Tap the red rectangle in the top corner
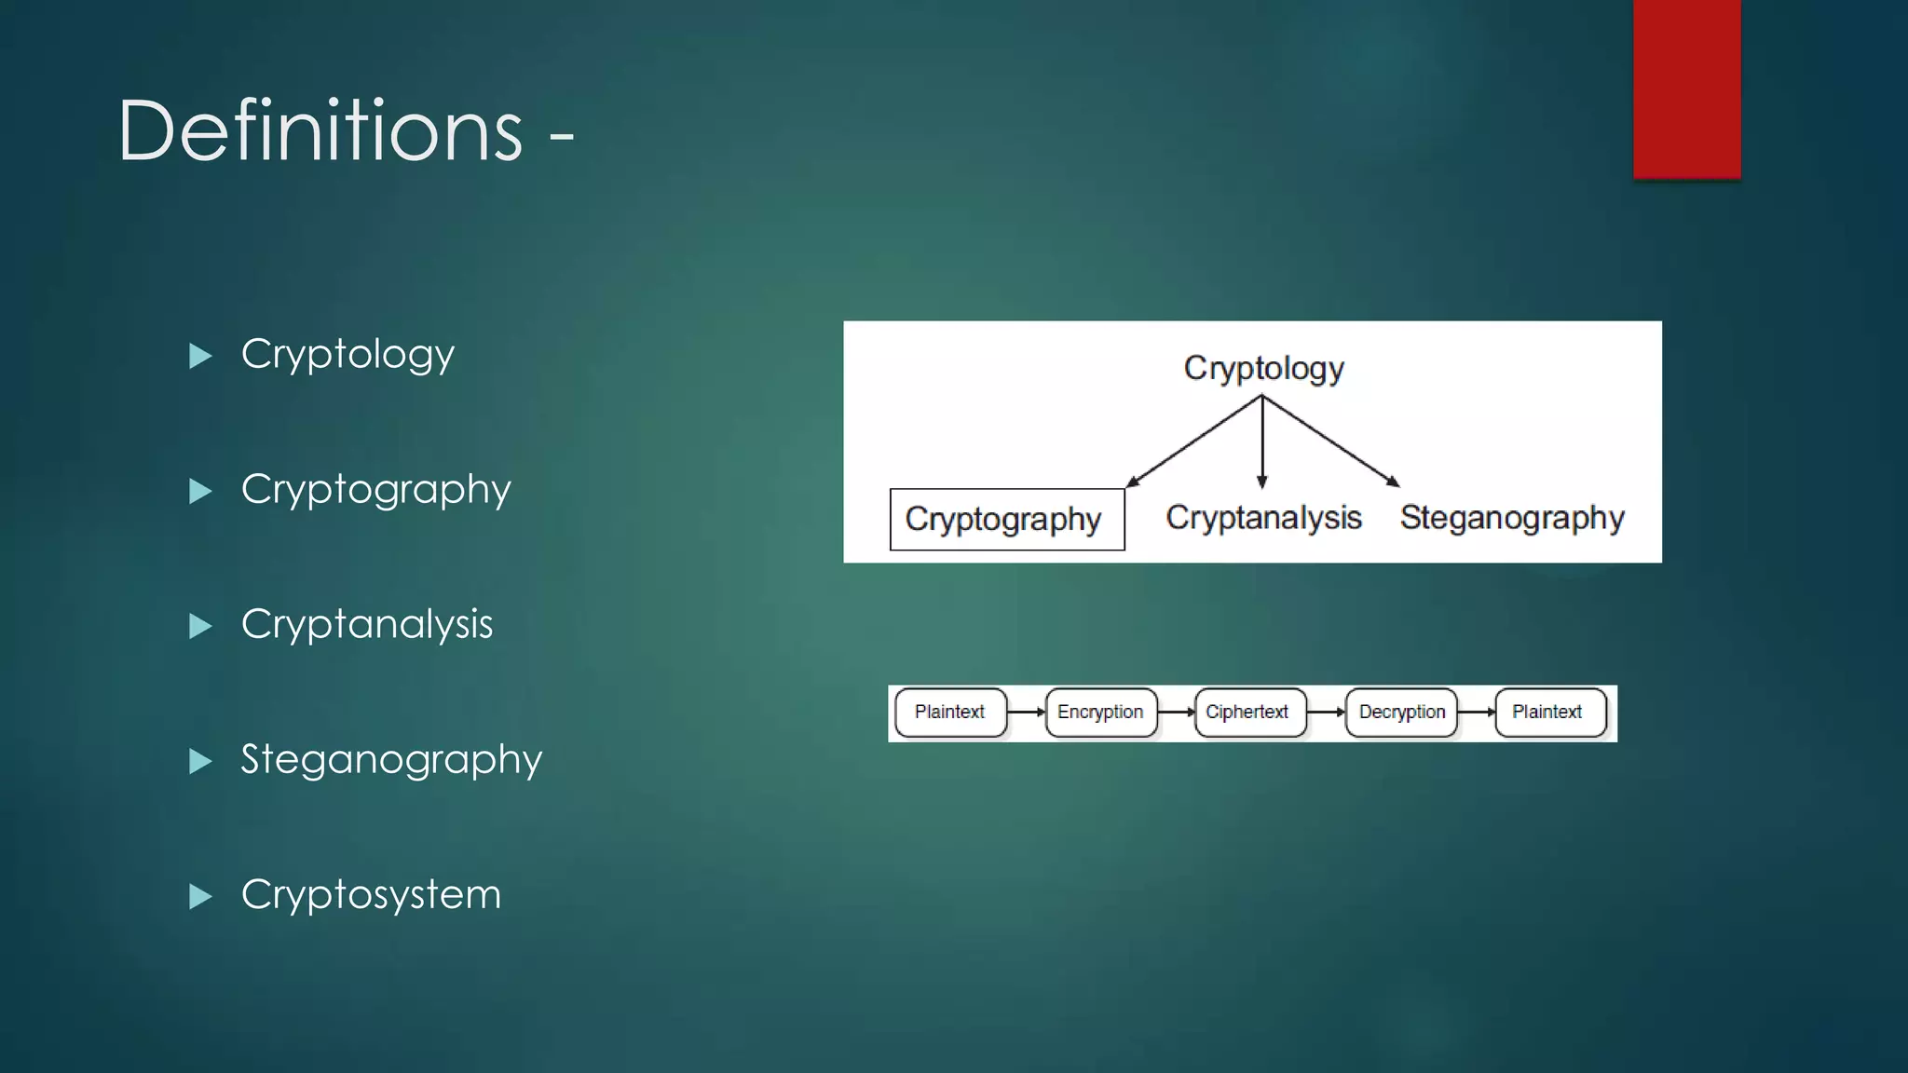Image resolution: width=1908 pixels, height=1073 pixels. pyautogui.click(x=1686, y=88)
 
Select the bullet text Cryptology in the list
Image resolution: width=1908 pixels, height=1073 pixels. pyautogui.click(x=348, y=355)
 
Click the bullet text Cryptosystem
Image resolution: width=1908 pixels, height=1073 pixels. pyautogui.click(x=371, y=895)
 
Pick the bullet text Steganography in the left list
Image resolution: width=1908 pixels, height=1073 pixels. pyautogui.click(x=391, y=760)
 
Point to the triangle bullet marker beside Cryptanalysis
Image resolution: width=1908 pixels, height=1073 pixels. pyautogui.click(x=200, y=626)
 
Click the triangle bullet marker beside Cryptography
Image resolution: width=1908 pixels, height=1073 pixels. pyautogui.click(x=200, y=491)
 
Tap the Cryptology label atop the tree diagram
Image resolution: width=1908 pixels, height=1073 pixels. pyautogui.click(x=1263, y=369)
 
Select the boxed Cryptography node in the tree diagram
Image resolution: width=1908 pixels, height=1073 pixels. pyautogui.click(x=1006, y=520)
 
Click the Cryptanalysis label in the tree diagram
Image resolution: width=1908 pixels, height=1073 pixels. pyautogui.click(x=1263, y=518)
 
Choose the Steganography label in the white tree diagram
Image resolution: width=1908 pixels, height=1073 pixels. pyautogui.click(x=1511, y=518)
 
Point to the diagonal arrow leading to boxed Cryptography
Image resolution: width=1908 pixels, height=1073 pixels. pyautogui.click(x=1194, y=441)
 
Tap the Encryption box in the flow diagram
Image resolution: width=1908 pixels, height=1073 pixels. pyautogui.click(x=1100, y=713)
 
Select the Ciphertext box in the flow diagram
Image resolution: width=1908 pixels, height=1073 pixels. pyautogui.click(x=1248, y=713)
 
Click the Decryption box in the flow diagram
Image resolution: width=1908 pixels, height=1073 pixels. pyautogui.click(x=1401, y=713)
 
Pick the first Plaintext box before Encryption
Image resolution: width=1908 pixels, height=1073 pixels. pyautogui.click(x=949, y=713)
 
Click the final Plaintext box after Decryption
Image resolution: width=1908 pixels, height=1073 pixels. pyautogui.click(x=1548, y=713)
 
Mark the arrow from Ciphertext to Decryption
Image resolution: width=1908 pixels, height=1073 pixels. pyautogui.click(x=1326, y=713)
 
